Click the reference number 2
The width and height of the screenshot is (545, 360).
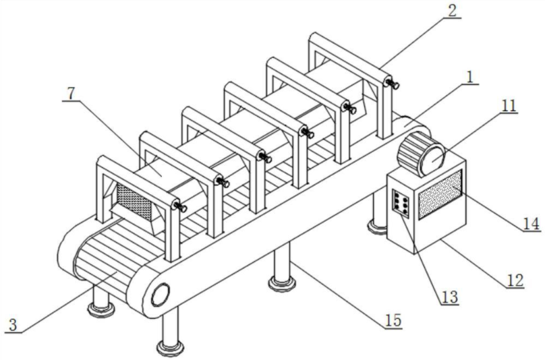(451, 11)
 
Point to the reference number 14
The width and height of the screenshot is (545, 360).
(531, 222)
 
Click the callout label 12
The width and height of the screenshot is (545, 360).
(514, 278)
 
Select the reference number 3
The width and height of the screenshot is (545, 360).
(11, 325)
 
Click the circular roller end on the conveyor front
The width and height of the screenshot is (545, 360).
(161, 294)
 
